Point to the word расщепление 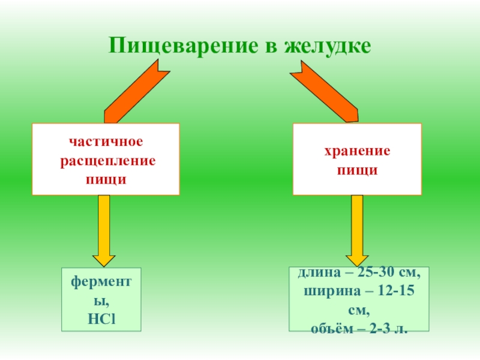[x=106, y=161]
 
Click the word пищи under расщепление [x=106, y=178]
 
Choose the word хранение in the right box [x=357, y=152]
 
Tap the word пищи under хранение [x=357, y=170]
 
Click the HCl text [x=101, y=315]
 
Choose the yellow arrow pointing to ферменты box [x=103, y=231]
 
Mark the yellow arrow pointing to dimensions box [x=357, y=231]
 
